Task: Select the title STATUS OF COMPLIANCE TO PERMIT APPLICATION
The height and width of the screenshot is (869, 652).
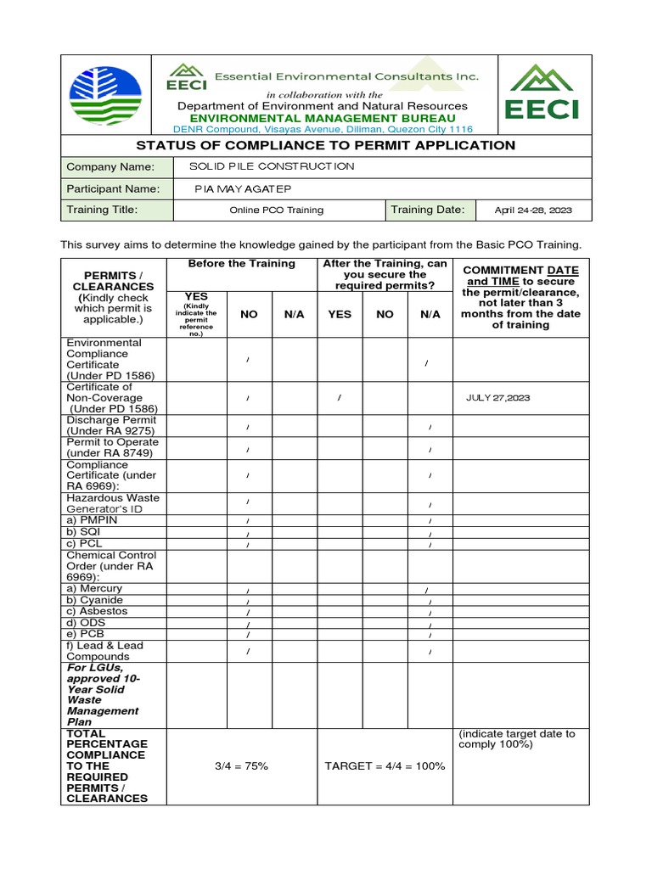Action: [x=326, y=145]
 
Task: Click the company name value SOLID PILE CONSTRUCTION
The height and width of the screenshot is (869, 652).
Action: [x=259, y=166]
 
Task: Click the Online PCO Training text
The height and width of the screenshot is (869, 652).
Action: [x=276, y=210]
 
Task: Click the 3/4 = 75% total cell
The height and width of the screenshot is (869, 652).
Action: [x=241, y=765]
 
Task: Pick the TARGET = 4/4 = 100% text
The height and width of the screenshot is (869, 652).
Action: [x=385, y=765]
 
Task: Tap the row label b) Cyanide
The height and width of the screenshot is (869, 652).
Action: [x=95, y=600]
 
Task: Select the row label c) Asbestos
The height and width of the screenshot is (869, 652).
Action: [x=98, y=611]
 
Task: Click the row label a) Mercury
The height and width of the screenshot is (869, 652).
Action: [x=94, y=588]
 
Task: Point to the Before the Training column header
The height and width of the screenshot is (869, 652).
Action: [x=241, y=264]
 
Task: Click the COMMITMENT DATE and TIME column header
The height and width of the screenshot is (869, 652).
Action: [x=520, y=297]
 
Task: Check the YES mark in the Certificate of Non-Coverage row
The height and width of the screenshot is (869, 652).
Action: [x=339, y=397]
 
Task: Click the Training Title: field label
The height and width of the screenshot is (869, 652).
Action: [x=102, y=210]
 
